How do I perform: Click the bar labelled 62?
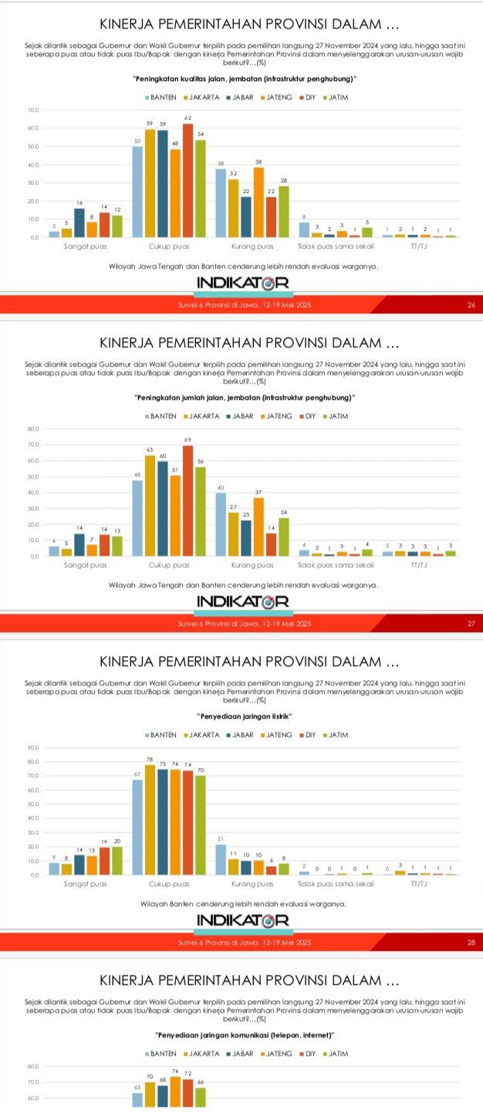tap(187, 180)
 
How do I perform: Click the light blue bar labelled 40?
tap(221, 523)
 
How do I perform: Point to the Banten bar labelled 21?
tap(221, 859)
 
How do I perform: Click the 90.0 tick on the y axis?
tap(32, 747)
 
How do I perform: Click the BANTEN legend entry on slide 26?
tap(160, 97)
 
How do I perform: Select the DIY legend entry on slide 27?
tap(309, 416)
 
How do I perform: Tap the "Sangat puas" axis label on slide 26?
tap(84, 246)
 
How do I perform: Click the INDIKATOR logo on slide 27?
tap(241, 601)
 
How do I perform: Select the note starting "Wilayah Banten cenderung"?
tap(241, 903)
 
